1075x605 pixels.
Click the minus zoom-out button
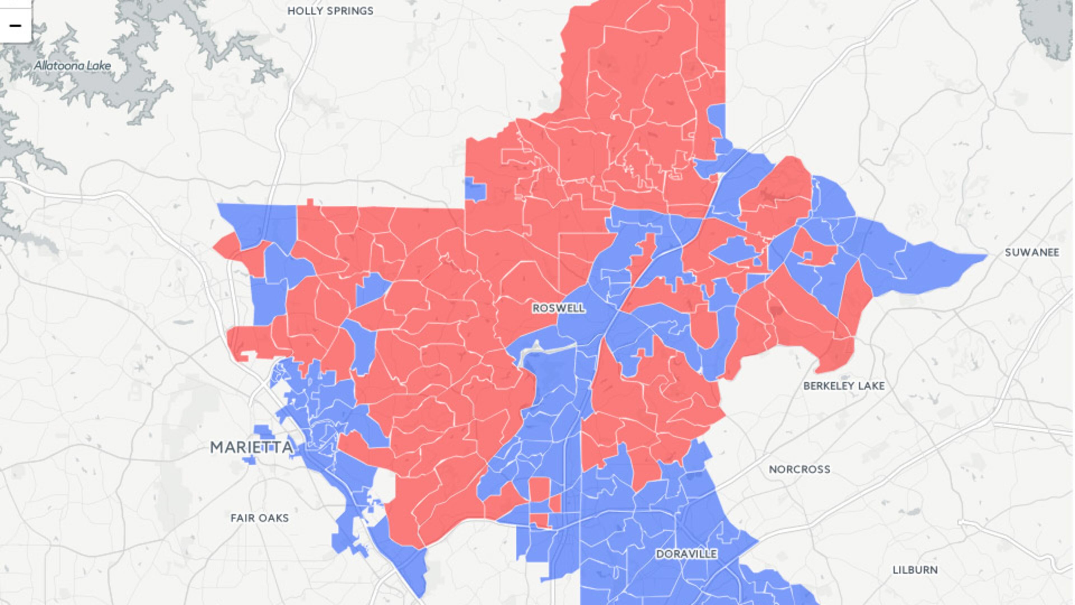15,26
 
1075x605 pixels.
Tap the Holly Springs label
330,11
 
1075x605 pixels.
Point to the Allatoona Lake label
72,66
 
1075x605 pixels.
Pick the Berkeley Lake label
844,386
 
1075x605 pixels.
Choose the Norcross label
799,469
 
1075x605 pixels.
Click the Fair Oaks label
260,518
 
